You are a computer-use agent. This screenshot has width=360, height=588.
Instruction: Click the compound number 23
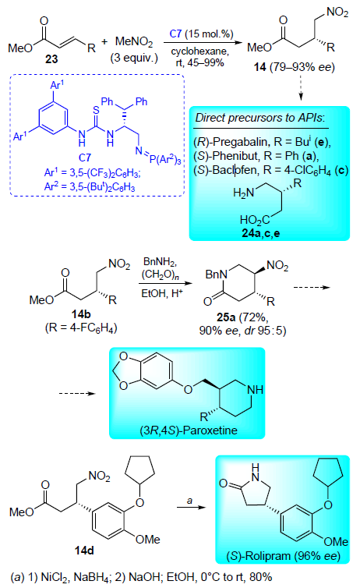(x=51, y=58)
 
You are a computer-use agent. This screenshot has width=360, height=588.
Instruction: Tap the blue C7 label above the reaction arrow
(x=175, y=34)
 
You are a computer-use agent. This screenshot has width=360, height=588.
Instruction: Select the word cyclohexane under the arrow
(x=199, y=51)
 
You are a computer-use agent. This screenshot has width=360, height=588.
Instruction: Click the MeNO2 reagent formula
(x=134, y=41)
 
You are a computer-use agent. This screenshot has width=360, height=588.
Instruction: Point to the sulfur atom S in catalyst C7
(x=97, y=110)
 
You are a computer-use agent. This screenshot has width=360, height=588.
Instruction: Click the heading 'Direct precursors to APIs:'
(x=260, y=118)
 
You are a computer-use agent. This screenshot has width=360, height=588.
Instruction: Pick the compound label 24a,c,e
(x=261, y=233)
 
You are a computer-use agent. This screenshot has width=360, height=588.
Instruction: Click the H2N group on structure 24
(x=243, y=193)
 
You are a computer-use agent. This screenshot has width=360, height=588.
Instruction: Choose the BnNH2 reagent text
(x=160, y=262)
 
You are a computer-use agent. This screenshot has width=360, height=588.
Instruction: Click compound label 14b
(x=81, y=314)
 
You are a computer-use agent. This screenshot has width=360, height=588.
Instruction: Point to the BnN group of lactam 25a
(x=216, y=275)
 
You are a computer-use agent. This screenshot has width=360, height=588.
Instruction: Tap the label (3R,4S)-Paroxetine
(x=189, y=430)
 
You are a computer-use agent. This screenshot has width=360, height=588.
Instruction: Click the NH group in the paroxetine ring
(x=255, y=390)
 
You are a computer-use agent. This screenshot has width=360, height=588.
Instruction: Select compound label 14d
(x=84, y=550)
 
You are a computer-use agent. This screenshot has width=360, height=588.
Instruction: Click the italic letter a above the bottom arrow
(x=189, y=500)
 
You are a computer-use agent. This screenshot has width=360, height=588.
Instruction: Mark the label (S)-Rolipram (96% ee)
(x=283, y=556)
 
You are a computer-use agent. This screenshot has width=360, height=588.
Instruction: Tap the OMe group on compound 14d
(x=147, y=539)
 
